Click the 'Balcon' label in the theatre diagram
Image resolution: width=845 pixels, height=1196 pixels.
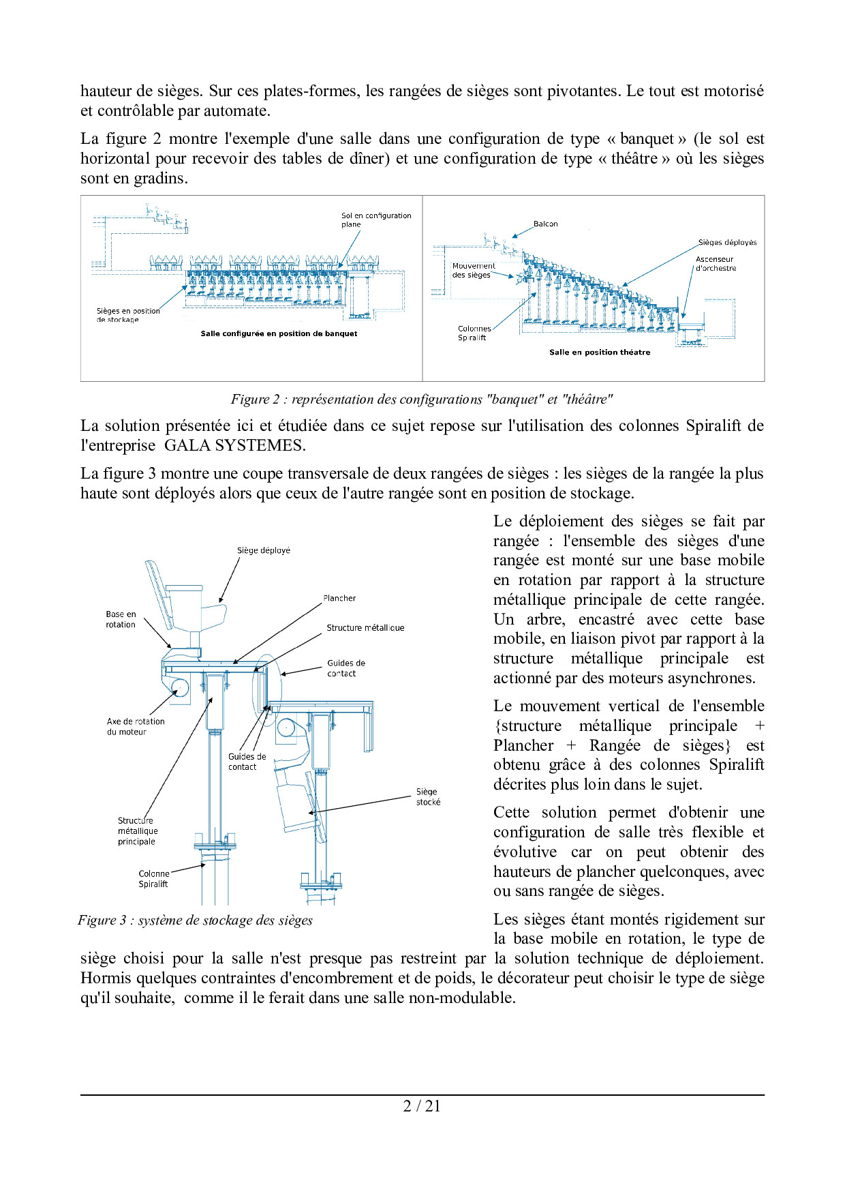(x=545, y=224)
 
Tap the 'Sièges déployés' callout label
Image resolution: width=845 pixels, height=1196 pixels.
(x=727, y=242)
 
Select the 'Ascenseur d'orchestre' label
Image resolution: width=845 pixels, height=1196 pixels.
(x=716, y=264)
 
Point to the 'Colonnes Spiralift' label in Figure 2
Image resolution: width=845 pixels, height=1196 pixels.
(x=474, y=333)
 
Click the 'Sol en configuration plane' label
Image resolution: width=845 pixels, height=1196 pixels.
(x=376, y=220)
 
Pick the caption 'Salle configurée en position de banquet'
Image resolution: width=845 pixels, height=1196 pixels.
(x=279, y=333)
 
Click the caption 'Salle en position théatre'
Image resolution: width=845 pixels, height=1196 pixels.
(x=600, y=352)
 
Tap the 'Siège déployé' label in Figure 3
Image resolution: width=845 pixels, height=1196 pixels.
(x=264, y=550)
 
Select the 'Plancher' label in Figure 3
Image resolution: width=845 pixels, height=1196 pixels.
(x=339, y=598)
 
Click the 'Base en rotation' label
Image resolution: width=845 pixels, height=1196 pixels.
(x=121, y=619)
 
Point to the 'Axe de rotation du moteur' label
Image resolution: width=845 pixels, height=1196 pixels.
(x=136, y=726)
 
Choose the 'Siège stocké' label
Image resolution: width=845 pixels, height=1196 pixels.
(x=428, y=796)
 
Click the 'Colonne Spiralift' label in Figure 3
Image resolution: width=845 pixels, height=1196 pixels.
(x=154, y=878)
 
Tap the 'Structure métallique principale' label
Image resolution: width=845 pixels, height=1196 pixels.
(x=138, y=831)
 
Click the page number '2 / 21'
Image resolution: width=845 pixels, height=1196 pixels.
(x=422, y=1106)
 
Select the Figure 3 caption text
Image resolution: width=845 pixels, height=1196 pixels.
(x=196, y=920)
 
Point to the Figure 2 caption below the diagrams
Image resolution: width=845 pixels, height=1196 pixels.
(x=422, y=399)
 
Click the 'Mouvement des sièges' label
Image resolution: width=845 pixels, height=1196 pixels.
(x=474, y=270)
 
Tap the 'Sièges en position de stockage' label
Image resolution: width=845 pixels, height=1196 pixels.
(x=128, y=314)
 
